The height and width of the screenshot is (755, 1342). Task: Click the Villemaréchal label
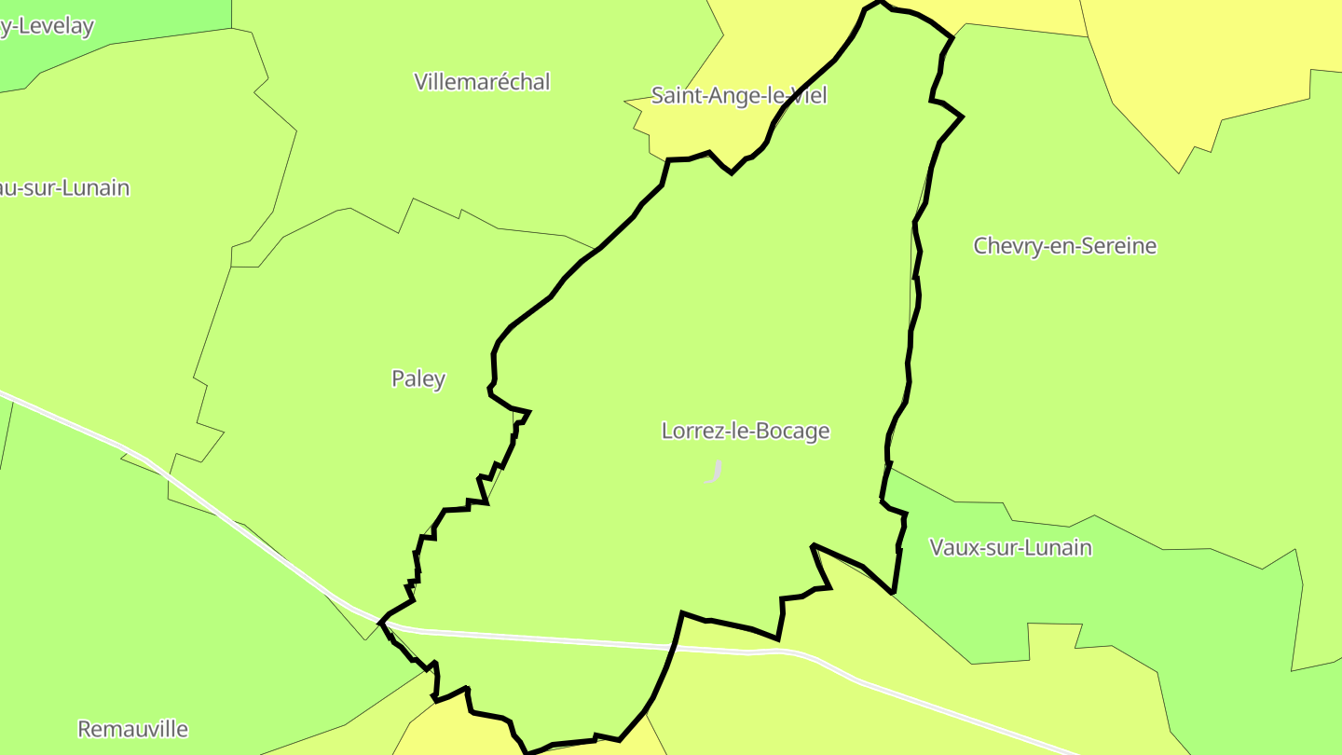tap(482, 82)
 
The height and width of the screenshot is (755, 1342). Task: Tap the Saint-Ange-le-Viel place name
tap(738, 95)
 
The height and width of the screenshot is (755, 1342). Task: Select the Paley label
tap(418, 379)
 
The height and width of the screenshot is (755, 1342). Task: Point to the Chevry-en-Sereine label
tap(1064, 246)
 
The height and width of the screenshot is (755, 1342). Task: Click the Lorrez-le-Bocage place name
tap(745, 432)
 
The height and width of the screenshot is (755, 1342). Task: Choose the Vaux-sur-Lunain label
tap(1010, 547)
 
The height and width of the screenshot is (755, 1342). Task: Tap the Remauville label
tap(132, 729)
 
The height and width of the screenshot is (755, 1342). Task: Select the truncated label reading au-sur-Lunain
tap(65, 188)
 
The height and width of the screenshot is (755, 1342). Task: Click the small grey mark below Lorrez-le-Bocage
tap(715, 472)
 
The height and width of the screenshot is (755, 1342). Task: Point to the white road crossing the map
tap(559, 639)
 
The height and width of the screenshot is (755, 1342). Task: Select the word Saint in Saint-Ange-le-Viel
tap(677, 95)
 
